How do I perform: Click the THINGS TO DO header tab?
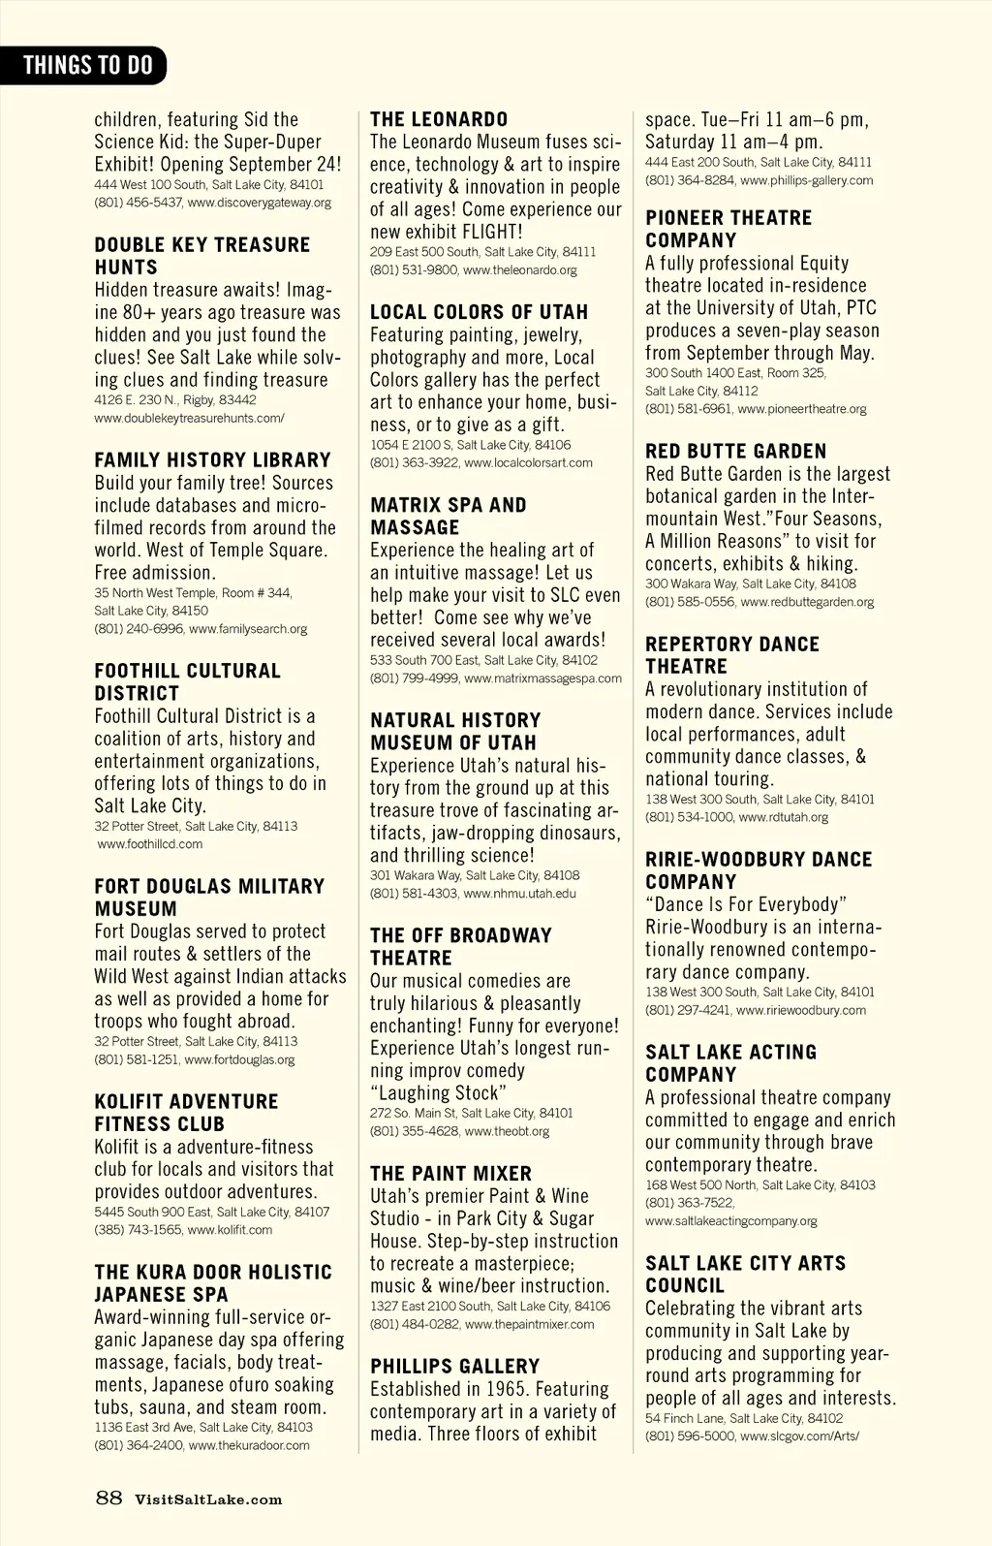[x=87, y=65]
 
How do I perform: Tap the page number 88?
[x=108, y=1498]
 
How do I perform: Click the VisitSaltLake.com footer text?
[x=208, y=1499]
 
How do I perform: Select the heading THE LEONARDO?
[x=439, y=119]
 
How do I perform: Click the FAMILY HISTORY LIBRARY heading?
[x=212, y=460]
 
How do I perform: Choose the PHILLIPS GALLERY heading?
[x=454, y=1366]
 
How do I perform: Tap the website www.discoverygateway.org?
[x=259, y=203]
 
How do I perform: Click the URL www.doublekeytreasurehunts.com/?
[x=189, y=418]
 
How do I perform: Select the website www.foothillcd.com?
[x=150, y=844]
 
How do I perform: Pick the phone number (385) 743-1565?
[x=138, y=1230]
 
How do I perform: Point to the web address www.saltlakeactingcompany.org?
[x=731, y=1221]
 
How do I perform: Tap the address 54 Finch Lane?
[x=684, y=1418]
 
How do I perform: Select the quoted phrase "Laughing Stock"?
[x=438, y=1093]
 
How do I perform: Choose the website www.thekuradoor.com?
[x=249, y=1445]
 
